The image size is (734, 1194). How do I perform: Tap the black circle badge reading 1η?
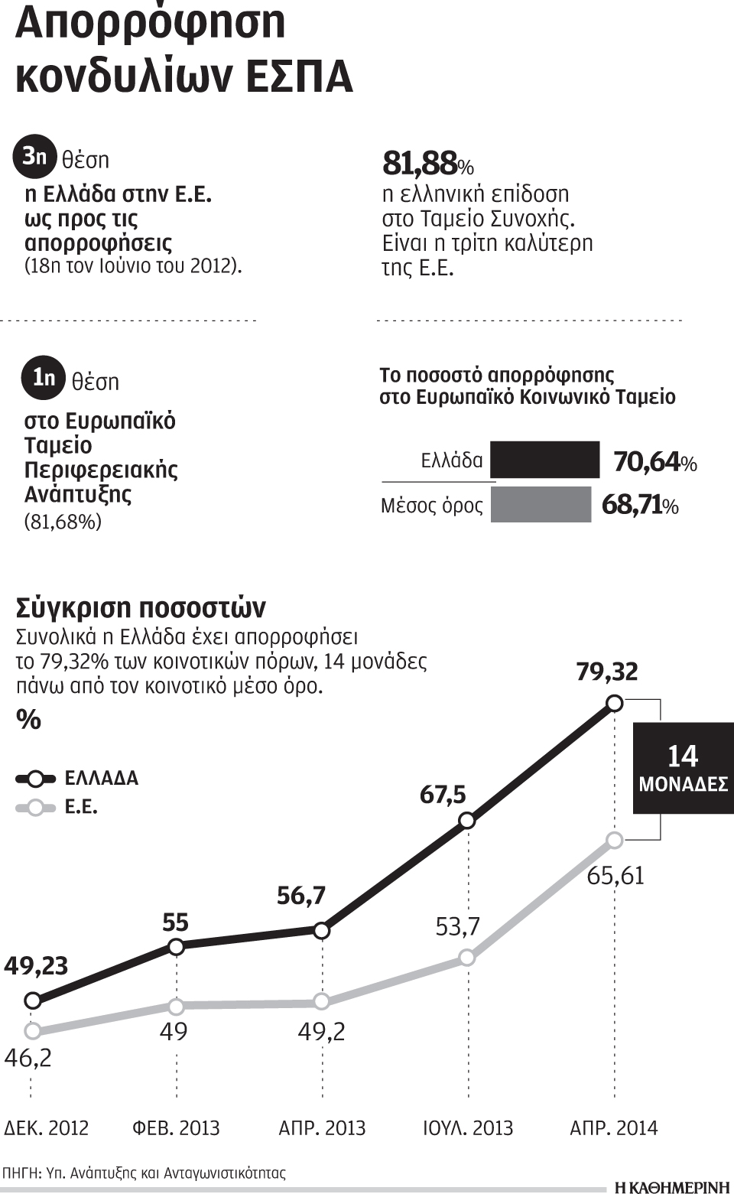pyautogui.click(x=44, y=377)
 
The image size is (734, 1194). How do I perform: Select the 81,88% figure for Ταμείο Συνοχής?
pyautogui.click(x=427, y=163)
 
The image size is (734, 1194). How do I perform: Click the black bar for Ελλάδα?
pyautogui.click(x=544, y=460)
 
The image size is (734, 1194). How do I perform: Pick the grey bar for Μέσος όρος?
pyautogui.click(x=541, y=505)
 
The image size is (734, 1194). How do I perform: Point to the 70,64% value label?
pyautogui.click(x=654, y=462)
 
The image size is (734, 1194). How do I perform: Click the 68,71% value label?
pyautogui.click(x=640, y=506)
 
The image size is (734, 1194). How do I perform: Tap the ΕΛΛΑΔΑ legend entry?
pyautogui.click(x=76, y=779)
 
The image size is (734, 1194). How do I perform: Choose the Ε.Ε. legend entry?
pyautogui.click(x=57, y=807)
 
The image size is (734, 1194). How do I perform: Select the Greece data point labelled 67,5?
pyautogui.click(x=467, y=821)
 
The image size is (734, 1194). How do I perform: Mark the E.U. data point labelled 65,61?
pyautogui.click(x=615, y=840)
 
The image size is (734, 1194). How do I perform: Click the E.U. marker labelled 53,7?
pyautogui.click(x=467, y=958)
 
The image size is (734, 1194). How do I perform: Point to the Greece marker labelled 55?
pyautogui.click(x=176, y=947)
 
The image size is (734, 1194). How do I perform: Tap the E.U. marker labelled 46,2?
pyautogui.click(x=32, y=1030)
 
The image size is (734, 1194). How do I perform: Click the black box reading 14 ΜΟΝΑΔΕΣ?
pyautogui.click(x=683, y=768)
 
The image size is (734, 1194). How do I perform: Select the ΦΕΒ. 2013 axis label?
pyautogui.click(x=176, y=1128)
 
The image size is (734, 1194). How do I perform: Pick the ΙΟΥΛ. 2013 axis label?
pyautogui.click(x=468, y=1128)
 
